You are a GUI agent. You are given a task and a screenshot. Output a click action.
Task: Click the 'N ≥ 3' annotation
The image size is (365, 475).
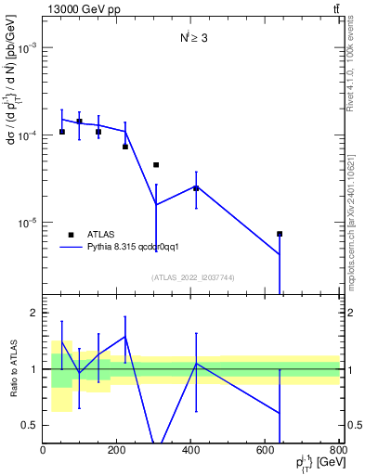196,38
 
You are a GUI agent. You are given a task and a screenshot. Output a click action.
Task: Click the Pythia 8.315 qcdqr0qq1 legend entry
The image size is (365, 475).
125,248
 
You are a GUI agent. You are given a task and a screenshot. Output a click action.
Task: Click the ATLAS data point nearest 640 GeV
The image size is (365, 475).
280,234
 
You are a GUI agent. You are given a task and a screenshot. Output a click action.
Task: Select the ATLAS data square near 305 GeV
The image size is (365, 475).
156,165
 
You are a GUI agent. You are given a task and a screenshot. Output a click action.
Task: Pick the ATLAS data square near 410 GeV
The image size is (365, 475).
196,188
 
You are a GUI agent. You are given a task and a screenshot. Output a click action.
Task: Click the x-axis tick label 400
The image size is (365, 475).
191,450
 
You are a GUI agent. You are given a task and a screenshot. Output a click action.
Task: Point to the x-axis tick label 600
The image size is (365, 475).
266,450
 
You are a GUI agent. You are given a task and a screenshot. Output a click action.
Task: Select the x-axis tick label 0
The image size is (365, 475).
44,450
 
